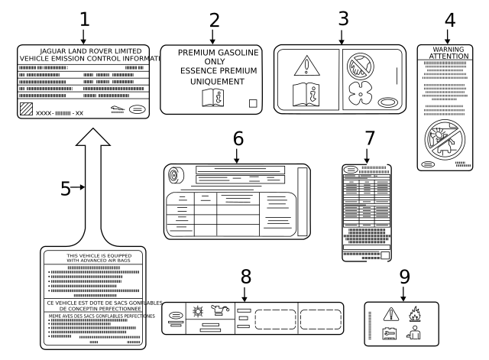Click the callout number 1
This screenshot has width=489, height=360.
(x=84, y=18)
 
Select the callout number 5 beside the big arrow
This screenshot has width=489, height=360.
(x=66, y=188)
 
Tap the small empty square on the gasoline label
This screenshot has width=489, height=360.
(x=253, y=102)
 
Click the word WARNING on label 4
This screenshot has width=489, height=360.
(x=449, y=49)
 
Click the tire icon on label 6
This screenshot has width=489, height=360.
(x=175, y=177)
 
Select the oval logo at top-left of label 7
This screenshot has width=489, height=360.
(x=350, y=168)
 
